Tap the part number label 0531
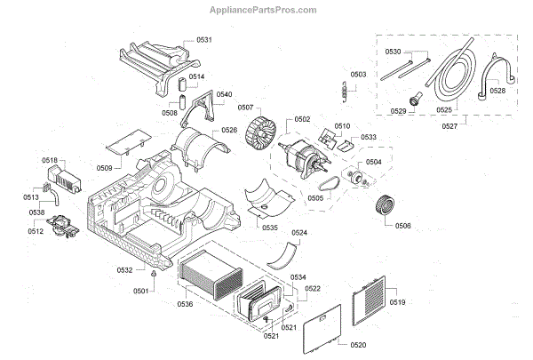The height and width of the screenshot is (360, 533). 205,40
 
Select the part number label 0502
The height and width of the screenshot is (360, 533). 302,119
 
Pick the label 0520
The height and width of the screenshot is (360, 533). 357,344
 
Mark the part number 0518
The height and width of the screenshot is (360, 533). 51,160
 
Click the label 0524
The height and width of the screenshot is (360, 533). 299,234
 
